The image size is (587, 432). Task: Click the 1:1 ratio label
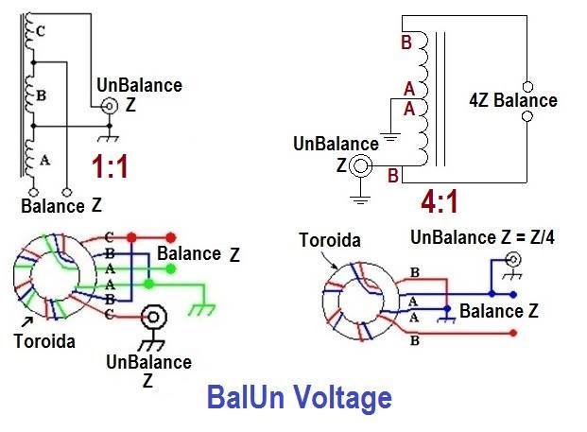pos(110,167)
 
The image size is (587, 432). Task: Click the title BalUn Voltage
pos(296,398)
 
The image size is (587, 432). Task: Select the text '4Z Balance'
pos(513,101)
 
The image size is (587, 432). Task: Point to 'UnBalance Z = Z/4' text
pos(482,236)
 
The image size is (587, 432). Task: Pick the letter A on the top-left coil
pos(44,162)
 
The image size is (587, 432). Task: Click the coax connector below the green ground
pos(151,317)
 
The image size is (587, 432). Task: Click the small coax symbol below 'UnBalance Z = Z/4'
pos(515,260)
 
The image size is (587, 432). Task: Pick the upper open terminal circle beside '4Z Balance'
pos(527,86)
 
